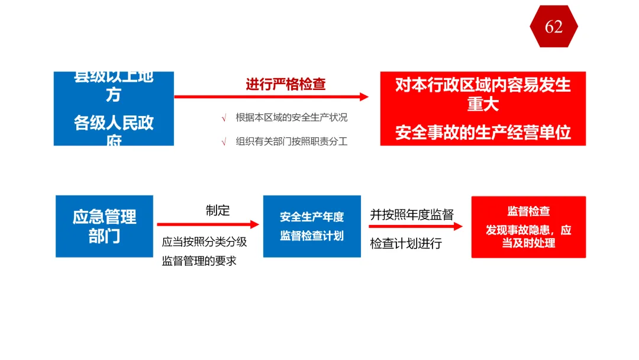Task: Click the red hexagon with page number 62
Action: point(554,27)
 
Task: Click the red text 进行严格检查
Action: point(286,85)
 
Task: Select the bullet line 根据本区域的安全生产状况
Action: point(291,117)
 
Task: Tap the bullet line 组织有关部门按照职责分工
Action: point(291,142)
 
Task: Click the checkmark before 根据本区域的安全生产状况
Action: point(224,118)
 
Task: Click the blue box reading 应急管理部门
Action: point(105,226)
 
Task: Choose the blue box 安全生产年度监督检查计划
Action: point(312,226)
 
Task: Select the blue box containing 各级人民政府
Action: point(114,108)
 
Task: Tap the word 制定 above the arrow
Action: point(218,210)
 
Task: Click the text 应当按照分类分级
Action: point(204,242)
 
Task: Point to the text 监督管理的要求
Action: point(199,261)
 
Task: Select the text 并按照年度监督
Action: point(412,214)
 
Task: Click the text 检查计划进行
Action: point(406,243)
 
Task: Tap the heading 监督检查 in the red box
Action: point(528,211)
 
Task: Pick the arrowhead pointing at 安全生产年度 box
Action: point(255,224)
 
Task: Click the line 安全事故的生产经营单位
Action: point(483,133)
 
